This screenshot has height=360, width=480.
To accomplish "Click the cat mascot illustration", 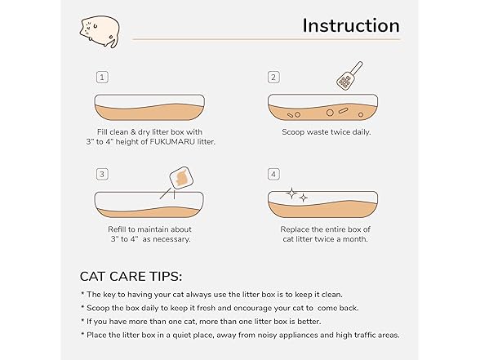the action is [x=100, y=32].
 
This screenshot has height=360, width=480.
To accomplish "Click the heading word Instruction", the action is [x=351, y=25].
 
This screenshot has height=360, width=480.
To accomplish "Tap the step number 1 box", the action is [x=102, y=77].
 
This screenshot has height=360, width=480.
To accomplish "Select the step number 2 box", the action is [x=273, y=77].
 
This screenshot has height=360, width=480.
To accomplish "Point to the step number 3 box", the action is [x=102, y=175].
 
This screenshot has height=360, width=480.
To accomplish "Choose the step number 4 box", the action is [x=273, y=175].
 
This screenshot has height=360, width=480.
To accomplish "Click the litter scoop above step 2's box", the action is [x=349, y=76].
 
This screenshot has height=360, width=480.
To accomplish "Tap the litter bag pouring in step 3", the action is [x=181, y=178].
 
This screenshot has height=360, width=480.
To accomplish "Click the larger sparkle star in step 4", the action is [x=291, y=193].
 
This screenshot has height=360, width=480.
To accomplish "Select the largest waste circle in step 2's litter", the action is [x=330, y=113].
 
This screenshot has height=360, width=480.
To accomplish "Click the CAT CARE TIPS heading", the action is [x=131, y=277].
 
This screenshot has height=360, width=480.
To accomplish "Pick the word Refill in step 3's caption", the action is [x=116, y=229].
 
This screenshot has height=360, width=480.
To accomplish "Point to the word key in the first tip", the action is [x=109, y=295].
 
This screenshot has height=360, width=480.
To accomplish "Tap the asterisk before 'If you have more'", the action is [x=82, y=321].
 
